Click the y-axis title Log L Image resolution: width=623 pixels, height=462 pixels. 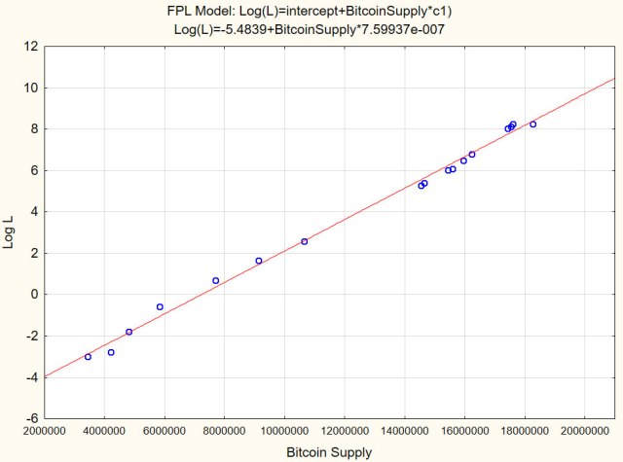(11, 231)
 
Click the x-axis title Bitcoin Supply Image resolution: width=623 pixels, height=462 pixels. (329, 452)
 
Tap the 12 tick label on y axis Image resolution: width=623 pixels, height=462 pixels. (32, 46)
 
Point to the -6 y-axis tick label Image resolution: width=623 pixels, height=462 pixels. (32, 417)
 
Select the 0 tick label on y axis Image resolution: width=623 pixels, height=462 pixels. (35, 294)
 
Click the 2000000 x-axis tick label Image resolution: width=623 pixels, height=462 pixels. (45, 432)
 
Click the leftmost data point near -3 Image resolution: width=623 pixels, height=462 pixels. (88, 357)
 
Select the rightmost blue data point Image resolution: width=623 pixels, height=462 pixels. (532, 124)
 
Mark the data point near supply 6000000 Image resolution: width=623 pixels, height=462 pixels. (160, 306)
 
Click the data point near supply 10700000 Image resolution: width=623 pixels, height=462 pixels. (305, 241)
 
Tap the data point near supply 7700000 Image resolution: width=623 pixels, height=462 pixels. (215, 280)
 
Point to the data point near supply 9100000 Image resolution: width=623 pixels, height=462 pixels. (258, 261)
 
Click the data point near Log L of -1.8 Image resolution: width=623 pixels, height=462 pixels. (128, 332)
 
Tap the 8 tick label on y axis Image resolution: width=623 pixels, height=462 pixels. (35, 128)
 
